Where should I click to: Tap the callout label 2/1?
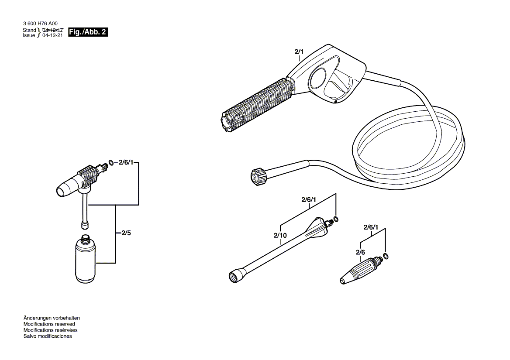[x=299, y=52]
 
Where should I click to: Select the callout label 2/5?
[x=126, y=233]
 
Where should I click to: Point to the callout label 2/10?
[x=280, y=236]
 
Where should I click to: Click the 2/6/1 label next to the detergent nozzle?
[x=126, y=163]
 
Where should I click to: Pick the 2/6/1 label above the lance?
[x=309, y=200]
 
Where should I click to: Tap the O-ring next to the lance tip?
[x=335, y=219]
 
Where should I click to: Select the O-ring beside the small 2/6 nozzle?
[x=385, y=255]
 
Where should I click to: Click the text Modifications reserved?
[x=49, y=324]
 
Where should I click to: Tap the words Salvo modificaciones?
[x=48, y=336]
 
